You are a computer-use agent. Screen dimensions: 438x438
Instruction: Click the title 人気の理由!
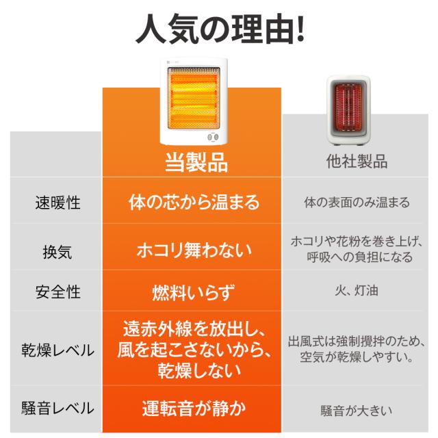(220, 29)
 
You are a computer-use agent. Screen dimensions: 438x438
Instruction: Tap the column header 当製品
(196, 162)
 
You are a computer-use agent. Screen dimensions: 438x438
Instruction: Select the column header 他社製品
(357, 162)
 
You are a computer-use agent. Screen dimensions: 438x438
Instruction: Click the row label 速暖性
(57, 203)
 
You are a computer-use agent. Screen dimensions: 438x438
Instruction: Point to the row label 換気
(57, 252)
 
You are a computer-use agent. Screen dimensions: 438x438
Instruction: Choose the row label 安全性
(57, 292)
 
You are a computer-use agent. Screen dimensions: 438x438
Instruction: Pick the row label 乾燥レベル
(57, 350)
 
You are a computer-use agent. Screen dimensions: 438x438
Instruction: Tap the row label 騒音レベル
(57, 408)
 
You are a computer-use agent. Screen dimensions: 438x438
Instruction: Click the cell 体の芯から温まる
(194, 202)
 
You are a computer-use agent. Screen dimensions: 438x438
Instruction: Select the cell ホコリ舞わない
(194, 250)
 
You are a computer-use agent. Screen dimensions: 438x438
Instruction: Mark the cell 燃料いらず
(193, 292)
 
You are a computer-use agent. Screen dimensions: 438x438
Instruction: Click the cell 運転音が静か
(194, 408)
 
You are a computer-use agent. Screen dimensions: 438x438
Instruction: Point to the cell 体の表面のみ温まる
(357, 203)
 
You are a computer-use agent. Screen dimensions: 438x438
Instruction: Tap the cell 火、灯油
(357, 290)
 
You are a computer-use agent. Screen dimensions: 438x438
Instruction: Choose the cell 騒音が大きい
(356, 411)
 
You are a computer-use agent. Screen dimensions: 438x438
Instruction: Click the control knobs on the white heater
(213, 137)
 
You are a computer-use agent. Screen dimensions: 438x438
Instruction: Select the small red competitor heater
(348, 110)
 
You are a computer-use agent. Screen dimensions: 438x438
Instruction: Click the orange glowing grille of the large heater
(194, 98)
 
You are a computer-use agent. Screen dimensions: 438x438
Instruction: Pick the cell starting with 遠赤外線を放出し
(194, 349)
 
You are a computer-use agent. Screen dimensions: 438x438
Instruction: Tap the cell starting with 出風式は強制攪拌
(357, 348)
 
